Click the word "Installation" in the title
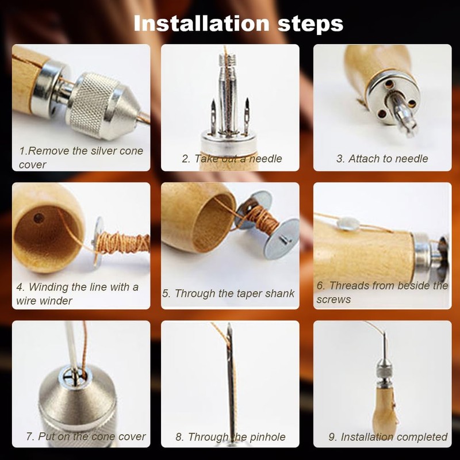(x=201, y=23)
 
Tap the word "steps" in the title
(x=310, y=25)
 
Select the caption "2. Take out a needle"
(x=232, y=159)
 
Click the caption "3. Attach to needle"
(x=382, y=159)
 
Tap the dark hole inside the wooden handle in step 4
(x=39, y=218)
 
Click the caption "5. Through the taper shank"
(x=228, y=293)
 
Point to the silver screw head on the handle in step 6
(x=348, y=224)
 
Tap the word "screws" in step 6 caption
(x=333, y=300)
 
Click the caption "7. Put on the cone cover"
(x=86, y=436)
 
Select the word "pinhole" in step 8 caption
(x=267, y=437)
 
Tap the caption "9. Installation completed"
(x=388, y=437)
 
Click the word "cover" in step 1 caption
(x=32, y=165)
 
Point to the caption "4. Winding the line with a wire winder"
(x=77, y=294)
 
